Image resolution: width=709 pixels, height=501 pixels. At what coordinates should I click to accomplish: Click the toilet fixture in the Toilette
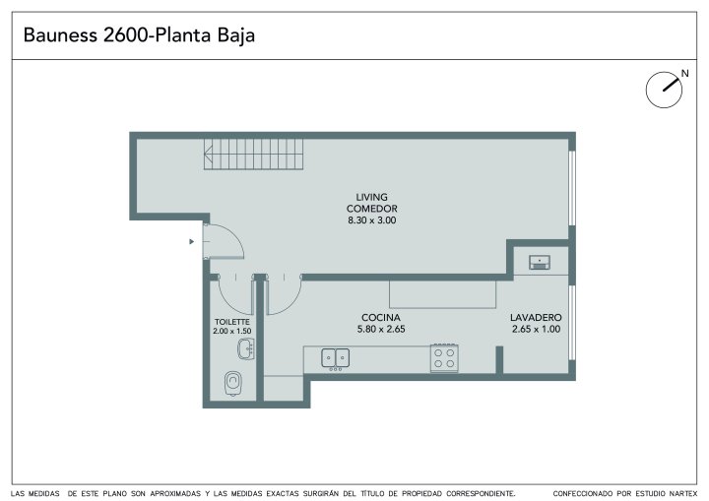tap(232, 383)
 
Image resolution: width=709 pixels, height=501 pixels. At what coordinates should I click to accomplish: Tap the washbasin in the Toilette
tap(246, 349)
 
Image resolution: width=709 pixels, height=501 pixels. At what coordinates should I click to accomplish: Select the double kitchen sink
tap(335, 358)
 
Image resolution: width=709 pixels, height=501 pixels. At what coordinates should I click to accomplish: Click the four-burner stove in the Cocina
tap(444, 358)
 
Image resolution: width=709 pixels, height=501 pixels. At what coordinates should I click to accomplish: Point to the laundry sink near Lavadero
tap(540, 262)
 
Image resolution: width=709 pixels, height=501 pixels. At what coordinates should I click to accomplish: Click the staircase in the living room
tap(253, 155)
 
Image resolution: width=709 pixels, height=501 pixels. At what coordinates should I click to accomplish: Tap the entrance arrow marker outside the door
tap(192, 242)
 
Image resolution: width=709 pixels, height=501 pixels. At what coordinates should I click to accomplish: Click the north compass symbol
tap(664, 90)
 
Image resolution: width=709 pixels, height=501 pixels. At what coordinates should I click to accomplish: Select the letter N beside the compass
tap(685, 73)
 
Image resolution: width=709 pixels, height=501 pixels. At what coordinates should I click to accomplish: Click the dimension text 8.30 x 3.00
tap(371, 220)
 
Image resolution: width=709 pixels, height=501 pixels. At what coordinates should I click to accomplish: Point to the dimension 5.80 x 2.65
tap(381, 329)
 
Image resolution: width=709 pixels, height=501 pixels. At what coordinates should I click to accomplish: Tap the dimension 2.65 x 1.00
tap(536, 329)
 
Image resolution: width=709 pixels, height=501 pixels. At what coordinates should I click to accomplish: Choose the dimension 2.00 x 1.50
tap(232, 331)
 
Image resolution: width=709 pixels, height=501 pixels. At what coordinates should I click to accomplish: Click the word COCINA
tap(381, 317)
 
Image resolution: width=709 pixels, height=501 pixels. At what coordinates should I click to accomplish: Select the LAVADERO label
tap(536, 317)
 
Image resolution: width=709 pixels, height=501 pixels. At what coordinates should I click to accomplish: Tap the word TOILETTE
tap(232, 322)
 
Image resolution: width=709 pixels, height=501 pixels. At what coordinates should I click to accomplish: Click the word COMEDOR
tap(371, 209)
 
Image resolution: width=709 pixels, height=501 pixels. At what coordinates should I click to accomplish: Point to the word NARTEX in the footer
tap(683, 494)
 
